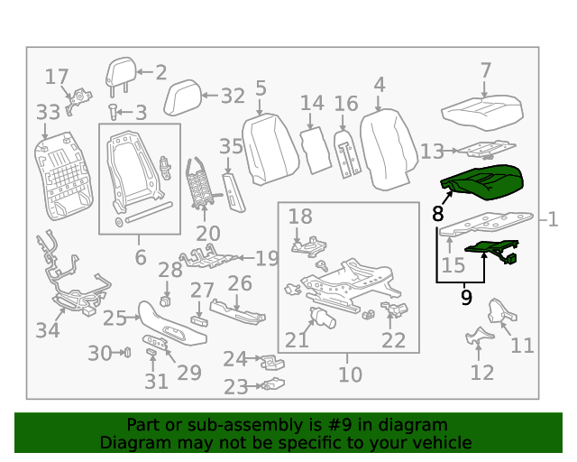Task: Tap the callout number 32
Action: tap(233, 97)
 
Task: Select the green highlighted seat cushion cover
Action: tap(483, 182)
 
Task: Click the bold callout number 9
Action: tap(466, 298)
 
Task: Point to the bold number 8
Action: tap(437, 214)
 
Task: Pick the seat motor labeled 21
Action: tap(323, 318)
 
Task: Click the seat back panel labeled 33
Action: tap(61, 176)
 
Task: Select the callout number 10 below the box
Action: tap(351, 374)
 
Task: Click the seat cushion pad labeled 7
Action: tap(482, 113)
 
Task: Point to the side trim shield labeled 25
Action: tap(171, 323)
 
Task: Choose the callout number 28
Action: tap(170, 270)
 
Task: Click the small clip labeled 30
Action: tap(127, 353)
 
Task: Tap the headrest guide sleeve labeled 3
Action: tap(113, 112)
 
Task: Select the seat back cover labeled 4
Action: tap(389, 149)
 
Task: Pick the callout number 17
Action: tap(57, 78)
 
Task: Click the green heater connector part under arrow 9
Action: tap(493, 252)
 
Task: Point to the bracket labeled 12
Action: tap(479, 336)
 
